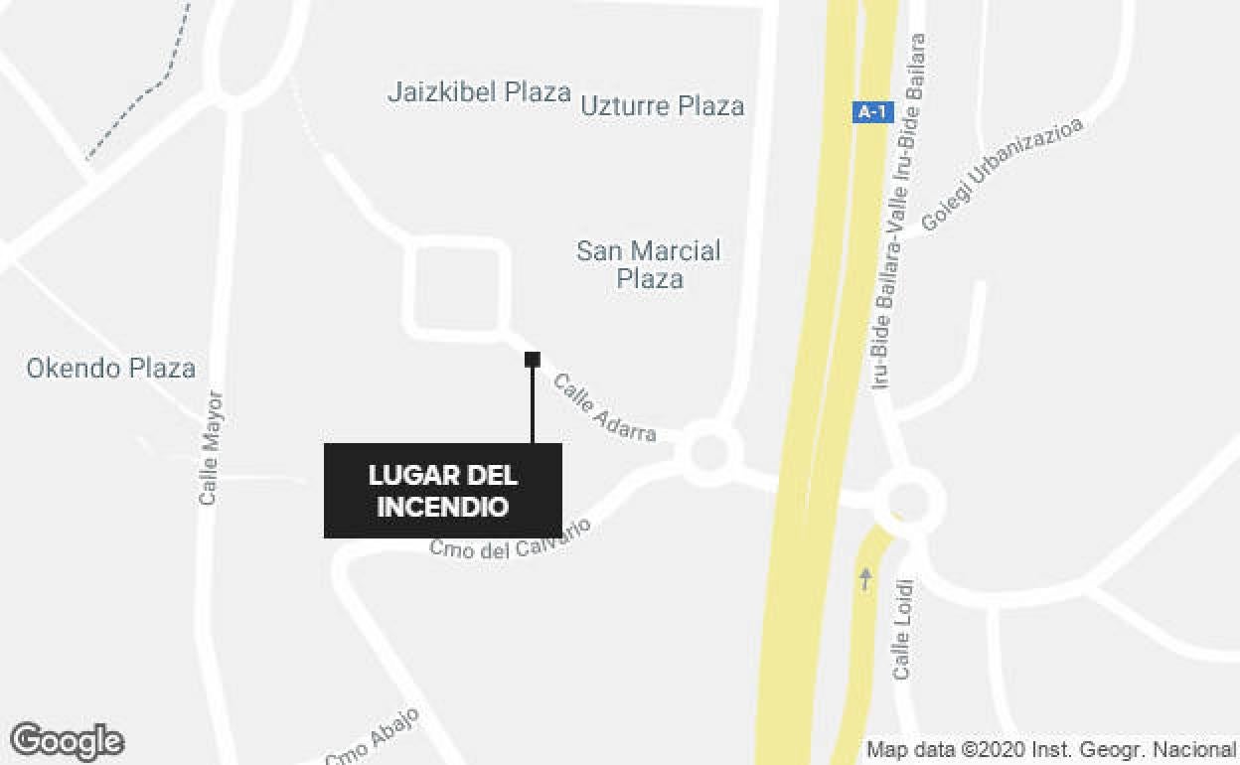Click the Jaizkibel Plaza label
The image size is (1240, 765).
point(479,93)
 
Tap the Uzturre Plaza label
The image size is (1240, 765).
point(662,105)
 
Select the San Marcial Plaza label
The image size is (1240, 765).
point(649,263)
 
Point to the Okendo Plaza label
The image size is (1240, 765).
point(110,369)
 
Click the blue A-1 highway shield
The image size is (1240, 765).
point(871,112)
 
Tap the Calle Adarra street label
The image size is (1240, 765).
point(605,407)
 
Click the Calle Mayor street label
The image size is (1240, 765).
point(210,447)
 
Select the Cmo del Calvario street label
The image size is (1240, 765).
point(510,537)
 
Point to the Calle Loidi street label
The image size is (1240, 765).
point(902,630)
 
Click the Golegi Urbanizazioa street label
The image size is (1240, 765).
point(1001,175)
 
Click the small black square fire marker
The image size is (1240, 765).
point(533,359)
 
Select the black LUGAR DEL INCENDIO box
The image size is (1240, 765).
point(443,491)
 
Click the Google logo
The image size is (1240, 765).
point(67,741)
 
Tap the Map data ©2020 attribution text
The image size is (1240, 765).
point(1050,749)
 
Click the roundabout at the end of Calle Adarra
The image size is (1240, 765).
point(708,453)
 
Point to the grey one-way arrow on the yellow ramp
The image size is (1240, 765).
point(865,578)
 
